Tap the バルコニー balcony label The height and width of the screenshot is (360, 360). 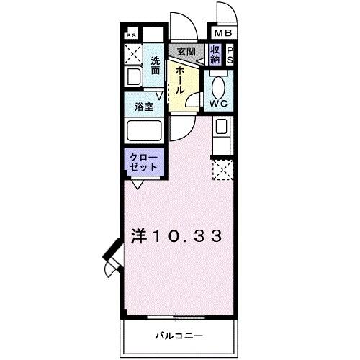[179, 336]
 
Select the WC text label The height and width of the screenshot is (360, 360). [218, 102]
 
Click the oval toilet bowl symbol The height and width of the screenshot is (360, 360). [219, 85]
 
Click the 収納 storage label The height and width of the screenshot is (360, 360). [215, 55]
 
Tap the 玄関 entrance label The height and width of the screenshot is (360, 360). [186, 51]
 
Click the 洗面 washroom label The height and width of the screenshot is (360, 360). [156, 66]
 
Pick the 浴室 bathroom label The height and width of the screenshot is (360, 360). [143, 107]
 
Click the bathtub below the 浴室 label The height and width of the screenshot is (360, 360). [143, 132]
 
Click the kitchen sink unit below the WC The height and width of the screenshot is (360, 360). [222, 134]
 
